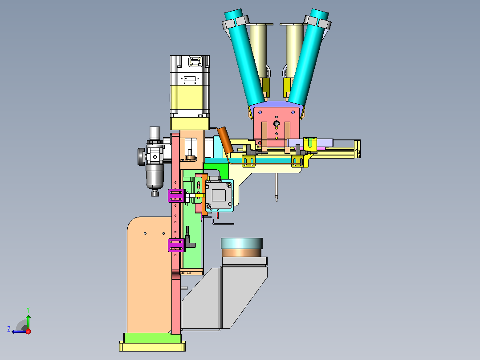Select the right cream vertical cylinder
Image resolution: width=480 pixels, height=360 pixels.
pos(294,50)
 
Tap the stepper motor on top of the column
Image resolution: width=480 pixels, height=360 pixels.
pos(190,87)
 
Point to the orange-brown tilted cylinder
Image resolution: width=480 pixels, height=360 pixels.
pos(225,139)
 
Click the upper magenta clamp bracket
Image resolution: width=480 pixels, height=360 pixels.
pos(177,196)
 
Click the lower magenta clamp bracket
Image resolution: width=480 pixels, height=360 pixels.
pos(177,245)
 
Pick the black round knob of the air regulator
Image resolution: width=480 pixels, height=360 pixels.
pos(141,156)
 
